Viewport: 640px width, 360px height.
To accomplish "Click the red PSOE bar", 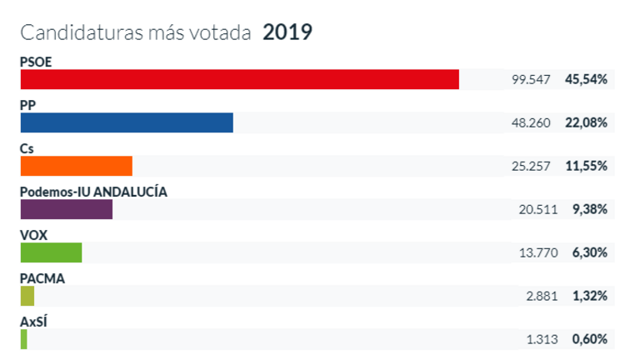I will [239, 79].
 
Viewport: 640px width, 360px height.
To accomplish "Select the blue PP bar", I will [127, 122].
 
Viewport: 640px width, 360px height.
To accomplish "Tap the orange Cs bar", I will [76, 166].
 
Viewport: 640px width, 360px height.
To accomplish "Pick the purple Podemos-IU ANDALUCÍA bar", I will [66, 209].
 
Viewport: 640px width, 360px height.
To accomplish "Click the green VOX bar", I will [51, 252].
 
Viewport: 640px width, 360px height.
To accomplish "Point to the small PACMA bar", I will [27, 296].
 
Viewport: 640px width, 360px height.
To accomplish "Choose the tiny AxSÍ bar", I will [24, 339].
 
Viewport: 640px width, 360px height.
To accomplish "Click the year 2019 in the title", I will [287, 32].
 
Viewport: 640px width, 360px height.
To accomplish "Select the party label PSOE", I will [37, 61].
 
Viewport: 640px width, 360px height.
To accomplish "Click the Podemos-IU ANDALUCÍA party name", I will [93, 191].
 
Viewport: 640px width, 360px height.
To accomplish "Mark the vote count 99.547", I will [531, 80].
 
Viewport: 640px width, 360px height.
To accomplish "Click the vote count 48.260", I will [531, 123].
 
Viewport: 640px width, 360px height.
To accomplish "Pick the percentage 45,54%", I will [586, 80].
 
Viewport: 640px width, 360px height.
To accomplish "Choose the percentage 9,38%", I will [589, 210].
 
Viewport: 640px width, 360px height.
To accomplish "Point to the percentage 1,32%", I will [589, 297].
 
